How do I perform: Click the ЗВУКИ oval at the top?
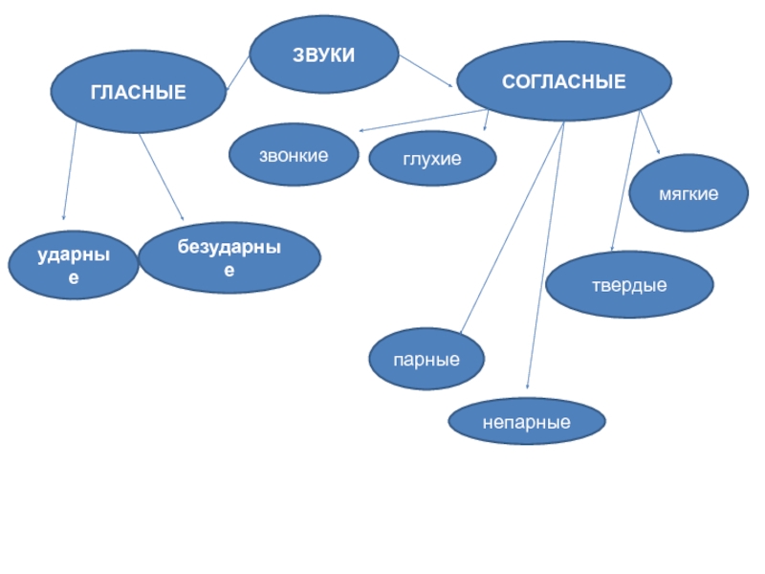coord(323,56)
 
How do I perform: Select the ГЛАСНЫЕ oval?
coord(138,92)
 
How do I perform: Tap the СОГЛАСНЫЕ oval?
coord(563,82)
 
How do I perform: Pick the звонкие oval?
coord(294,153)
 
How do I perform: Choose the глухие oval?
coord(432,159)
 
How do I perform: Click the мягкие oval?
coord(688,194)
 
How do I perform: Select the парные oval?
coord(426,361)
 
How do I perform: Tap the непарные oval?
coord(527,421)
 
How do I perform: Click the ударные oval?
coord(74,265)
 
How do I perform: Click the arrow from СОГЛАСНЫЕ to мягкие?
coord(649,133)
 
